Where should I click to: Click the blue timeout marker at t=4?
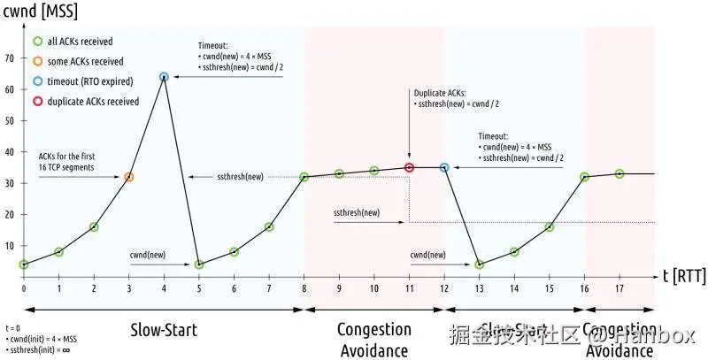coord(164,77)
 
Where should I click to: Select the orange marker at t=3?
coord(129,177)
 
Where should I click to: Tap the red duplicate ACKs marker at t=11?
coord(409,167)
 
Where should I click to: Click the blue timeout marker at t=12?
coord(444,167)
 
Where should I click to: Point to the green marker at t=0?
coord(24,264)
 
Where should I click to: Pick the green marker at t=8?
coord(304,177)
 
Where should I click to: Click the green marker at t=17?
coord(619,173)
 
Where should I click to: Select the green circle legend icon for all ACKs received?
coord(37,41)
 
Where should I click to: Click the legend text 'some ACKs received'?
coord(85,61)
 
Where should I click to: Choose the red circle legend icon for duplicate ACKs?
coord(37,102)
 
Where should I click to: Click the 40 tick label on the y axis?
coord(11,152)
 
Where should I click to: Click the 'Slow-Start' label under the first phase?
coord(164,331)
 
